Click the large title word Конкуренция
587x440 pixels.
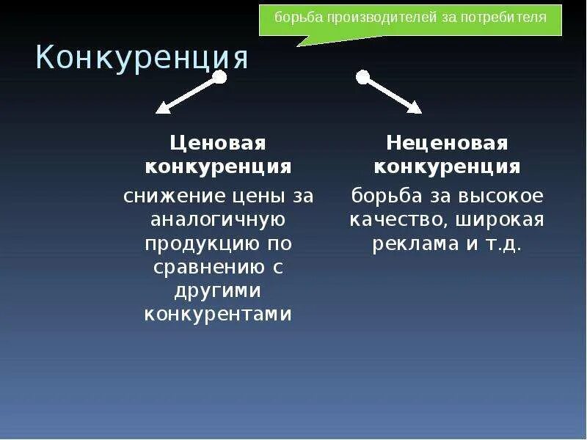[142, 59]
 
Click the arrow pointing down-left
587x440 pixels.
[189, 95]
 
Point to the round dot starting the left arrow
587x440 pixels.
[219, 77]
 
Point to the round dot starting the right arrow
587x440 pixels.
[362, 77]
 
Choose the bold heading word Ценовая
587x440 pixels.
[218, 142]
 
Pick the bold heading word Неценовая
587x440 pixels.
[447, 142]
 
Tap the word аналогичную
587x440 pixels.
[218, 219]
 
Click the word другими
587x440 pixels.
[218, 290]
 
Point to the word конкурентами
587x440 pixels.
[218, 314]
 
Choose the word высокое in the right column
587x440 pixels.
[500, 196]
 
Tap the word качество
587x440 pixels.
[397, 219]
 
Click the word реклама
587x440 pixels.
[415, 243]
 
